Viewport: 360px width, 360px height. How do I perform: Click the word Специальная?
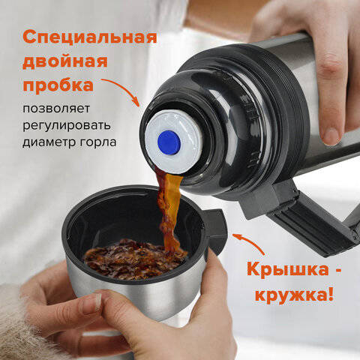pos(89,37)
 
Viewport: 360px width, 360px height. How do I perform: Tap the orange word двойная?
pos(65,62)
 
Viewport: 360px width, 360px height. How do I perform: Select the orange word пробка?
pos(58,85)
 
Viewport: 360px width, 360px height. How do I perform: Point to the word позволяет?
pos(56,109)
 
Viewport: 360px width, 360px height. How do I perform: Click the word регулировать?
pos(67,126)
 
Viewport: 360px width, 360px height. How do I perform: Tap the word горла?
pos(98,142)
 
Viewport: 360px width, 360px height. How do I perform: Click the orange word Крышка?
pos(287,270)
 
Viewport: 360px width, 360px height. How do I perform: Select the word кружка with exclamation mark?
pos(294,295)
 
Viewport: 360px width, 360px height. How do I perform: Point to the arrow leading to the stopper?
pos(122,89)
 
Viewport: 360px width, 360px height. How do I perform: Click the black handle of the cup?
pos(214,231)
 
